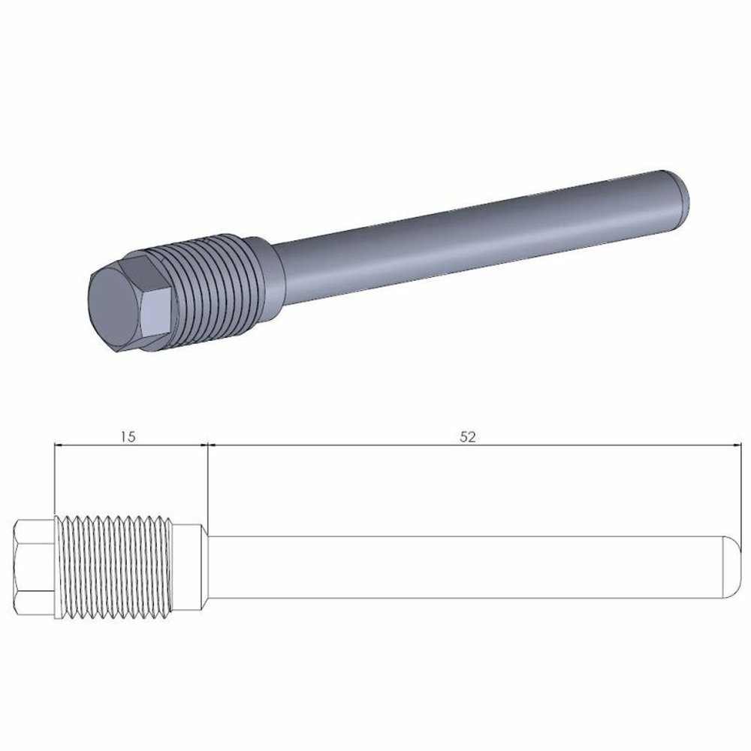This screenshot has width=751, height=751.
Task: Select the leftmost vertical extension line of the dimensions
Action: coord(54,481)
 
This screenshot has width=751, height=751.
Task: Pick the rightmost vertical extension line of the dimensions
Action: coord(734,488)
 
